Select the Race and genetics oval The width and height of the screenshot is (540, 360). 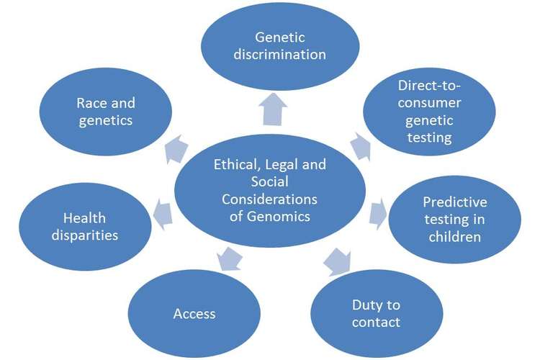pyautogui.click(x=104, y=112)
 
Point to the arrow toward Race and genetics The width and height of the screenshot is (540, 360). pyautogui.click(x=172, y=148)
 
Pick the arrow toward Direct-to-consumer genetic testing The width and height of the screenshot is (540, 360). pyautogui.click(x=360, y=148)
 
